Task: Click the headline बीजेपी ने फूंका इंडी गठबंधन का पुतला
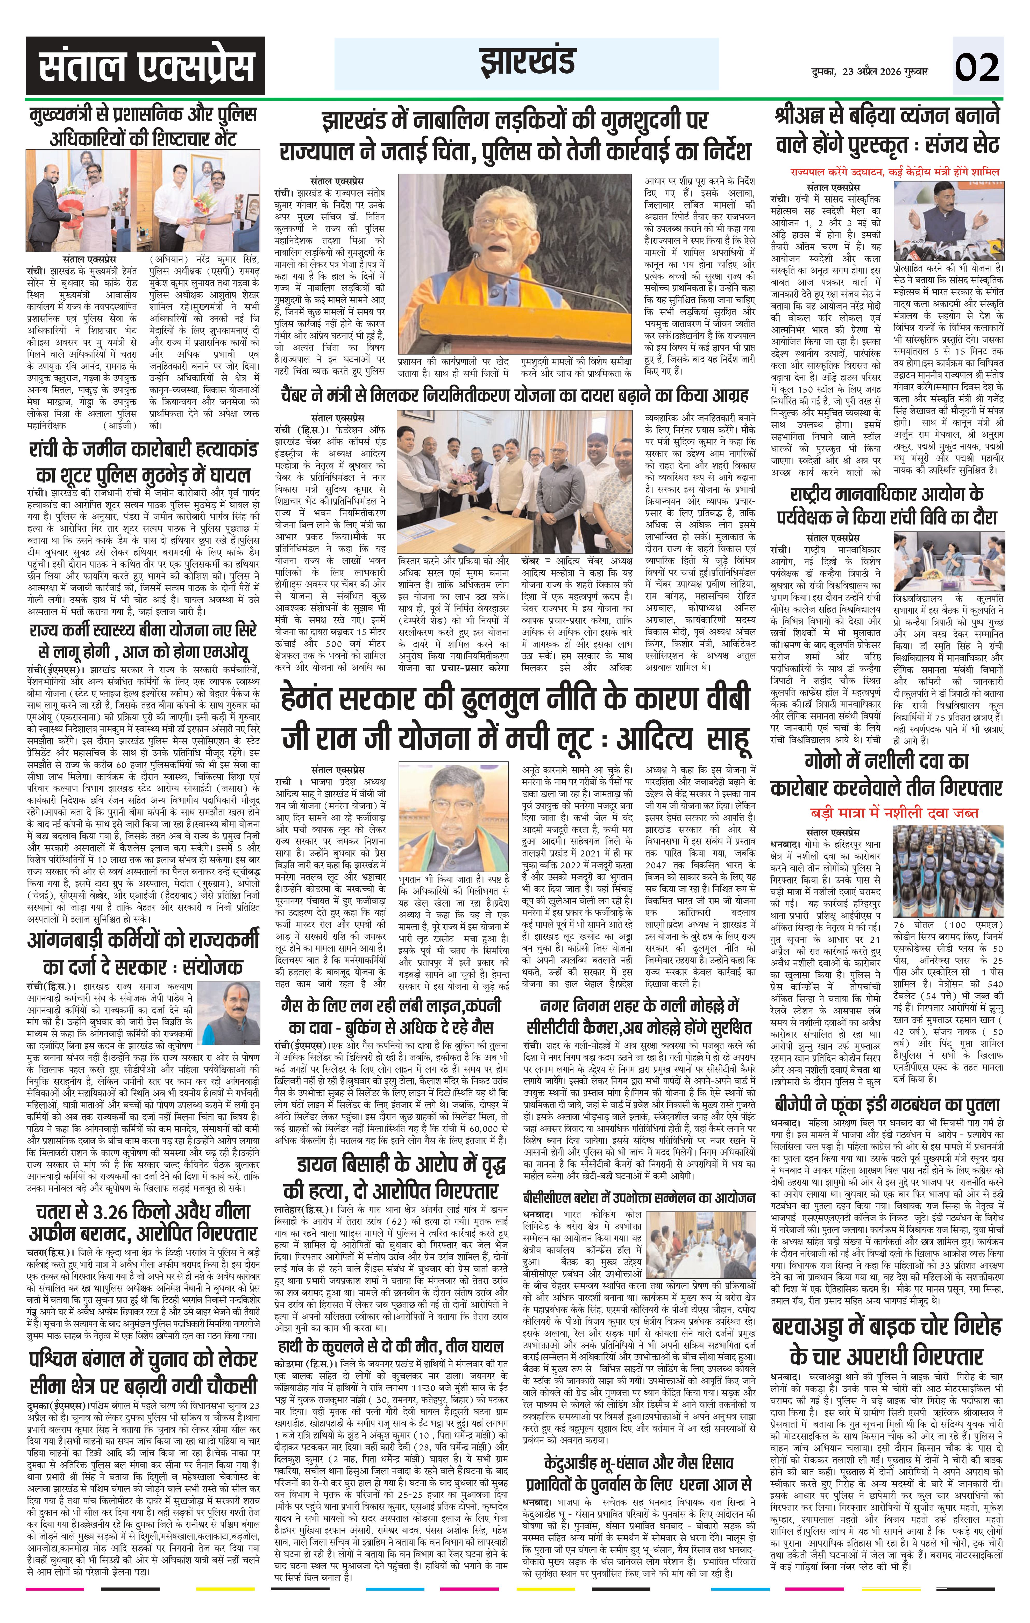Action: pos(886,1105)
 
